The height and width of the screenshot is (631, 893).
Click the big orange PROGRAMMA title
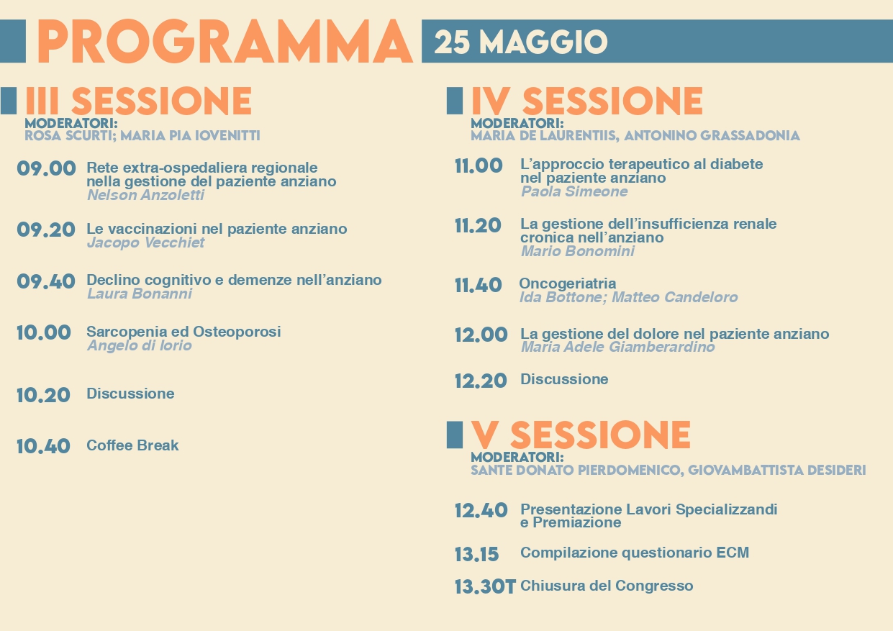click(x=225, y=42)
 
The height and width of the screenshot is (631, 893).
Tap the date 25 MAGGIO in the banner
click(x=521, y=42)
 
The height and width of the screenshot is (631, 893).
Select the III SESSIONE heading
click(x=138, y=101)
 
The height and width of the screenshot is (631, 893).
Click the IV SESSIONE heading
click(x=586, y=101)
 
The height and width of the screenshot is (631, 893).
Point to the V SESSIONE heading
click(x=581, y=435)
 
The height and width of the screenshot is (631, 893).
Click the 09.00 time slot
click(x=46, y=168)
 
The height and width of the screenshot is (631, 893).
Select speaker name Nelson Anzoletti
click(x=145, y=195)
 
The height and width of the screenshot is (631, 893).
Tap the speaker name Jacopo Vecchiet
click(x=145, y=242)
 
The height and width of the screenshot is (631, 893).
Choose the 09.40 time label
click(x=46, y=281)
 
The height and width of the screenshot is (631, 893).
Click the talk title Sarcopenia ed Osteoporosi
click(x=183, y=332)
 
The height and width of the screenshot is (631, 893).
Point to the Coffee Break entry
click(x=132, y=445)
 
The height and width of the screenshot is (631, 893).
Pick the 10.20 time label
click(x=43, y=396)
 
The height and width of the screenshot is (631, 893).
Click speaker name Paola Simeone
click(x=574, y=191)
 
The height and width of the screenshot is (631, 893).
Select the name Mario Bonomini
click(x=578, y=251)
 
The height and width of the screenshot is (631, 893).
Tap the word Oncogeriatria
click(x=568, y=283)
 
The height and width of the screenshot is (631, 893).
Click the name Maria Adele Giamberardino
click(x=618, y=347)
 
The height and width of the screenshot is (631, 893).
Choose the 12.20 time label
click(x=481, y=381)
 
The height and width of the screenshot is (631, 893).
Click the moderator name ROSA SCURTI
click(x=68, y=136)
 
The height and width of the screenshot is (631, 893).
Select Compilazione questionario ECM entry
click(x=635, y=553)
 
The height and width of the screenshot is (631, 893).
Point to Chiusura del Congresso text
click(x=607, y=586)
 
